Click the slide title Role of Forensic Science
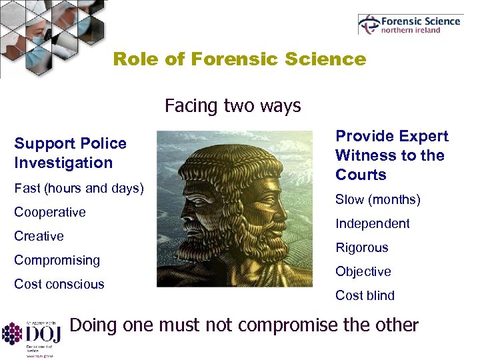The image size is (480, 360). click(x=239, y=59)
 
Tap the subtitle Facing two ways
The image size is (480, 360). click(x=233, y=105)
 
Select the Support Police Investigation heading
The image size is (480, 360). click(x=71, y=153)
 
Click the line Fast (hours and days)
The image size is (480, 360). click(x=79, y=188)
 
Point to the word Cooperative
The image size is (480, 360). click(x=50, y=212)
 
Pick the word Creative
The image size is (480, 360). click(x=39, y=236)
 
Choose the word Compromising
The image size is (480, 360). click(x=57, y=260)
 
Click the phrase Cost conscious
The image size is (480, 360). click(x=59, y=284)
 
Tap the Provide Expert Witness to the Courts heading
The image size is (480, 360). click(x=392, y=155)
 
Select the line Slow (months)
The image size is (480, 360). click(x=378, y=199)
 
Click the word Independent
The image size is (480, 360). click(x=373, y=223)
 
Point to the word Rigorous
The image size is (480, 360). click(x=362, y=247)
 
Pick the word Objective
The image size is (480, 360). click(x=363, y=271)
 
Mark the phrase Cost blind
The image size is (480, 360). click(x=365, y=295)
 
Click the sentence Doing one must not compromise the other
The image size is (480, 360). click(x=244, y=325)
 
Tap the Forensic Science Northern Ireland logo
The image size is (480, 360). click(x=409, y=25)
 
